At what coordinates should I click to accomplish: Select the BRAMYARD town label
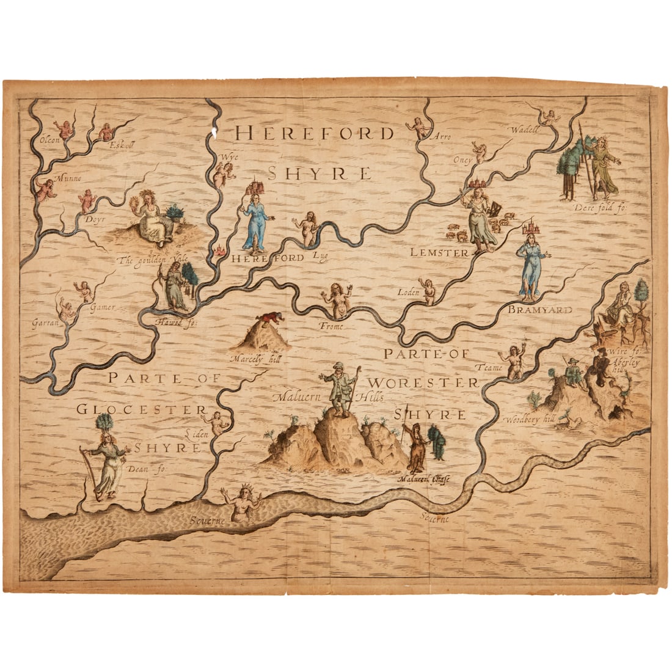coord(539,310)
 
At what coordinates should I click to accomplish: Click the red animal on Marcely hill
coord(270,317)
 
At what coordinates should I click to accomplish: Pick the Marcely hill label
coord(250,359)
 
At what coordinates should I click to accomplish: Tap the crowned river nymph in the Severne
coord(243,502)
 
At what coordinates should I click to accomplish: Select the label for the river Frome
coord(332,326)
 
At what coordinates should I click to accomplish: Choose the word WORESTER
coord(423,383)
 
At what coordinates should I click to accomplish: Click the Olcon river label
coord(48,140)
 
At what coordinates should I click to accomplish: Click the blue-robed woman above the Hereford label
coord(255,224)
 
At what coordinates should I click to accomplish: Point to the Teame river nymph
coord(514,361)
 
